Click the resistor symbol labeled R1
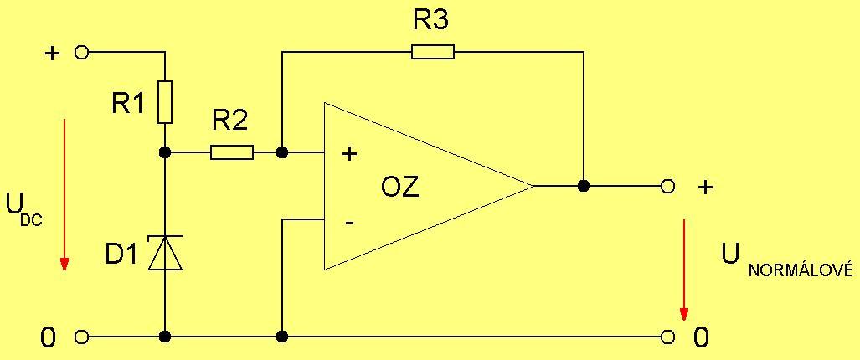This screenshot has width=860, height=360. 165,102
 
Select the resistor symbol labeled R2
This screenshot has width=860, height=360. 231,152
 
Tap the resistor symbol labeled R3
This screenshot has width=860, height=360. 433,52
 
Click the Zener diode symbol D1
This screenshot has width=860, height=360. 165,253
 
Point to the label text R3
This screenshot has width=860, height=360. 431,21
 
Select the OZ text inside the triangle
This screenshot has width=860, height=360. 400,187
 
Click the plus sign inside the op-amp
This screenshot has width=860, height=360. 350,153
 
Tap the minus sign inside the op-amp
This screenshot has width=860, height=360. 349,223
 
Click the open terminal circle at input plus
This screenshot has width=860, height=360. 81,52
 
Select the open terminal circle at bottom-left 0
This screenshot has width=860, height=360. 81,337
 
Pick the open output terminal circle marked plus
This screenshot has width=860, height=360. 667,186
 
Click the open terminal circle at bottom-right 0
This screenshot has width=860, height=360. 667,337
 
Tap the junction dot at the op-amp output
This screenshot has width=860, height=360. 584,186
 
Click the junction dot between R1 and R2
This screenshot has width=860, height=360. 165,152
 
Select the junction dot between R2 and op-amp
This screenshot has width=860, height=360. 282,152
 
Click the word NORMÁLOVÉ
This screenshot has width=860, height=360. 800,270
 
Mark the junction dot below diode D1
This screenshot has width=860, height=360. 165,337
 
